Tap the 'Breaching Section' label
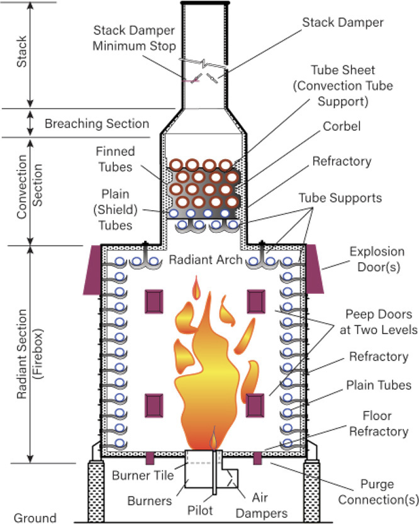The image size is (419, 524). (x=96, y=123)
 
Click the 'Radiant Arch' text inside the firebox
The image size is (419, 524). (x=205, y=259)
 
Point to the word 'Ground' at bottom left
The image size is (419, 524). (x=35, y=518)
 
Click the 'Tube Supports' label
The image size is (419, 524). (x=349, y=197)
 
